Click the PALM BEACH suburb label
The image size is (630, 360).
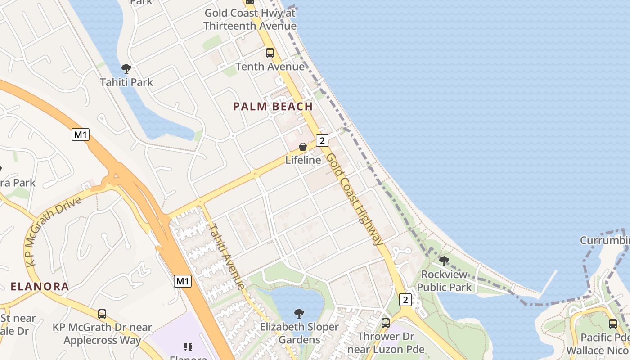[273, 107]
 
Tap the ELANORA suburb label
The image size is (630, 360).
[40, 286]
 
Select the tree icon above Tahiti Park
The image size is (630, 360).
[126, 69]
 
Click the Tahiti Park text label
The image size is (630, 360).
[126, 82]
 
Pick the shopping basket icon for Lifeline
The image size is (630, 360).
[303, 147]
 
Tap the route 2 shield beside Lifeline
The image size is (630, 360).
[322, 140]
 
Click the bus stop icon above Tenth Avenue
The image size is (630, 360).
[270, 53]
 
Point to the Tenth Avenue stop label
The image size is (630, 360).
[270, 67]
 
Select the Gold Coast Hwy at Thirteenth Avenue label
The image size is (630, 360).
[250, 19]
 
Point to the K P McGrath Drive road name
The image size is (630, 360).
[54, 230]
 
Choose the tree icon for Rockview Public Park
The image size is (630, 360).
[444, 261]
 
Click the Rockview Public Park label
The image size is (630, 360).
[444, 280]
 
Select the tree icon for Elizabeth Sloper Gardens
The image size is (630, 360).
[299, 313]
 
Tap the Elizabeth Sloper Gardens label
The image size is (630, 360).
[299, 333]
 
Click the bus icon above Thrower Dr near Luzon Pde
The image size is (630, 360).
[386, 323]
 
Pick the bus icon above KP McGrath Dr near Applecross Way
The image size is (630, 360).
[102, 314]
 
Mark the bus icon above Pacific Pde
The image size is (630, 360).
[613, 324]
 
